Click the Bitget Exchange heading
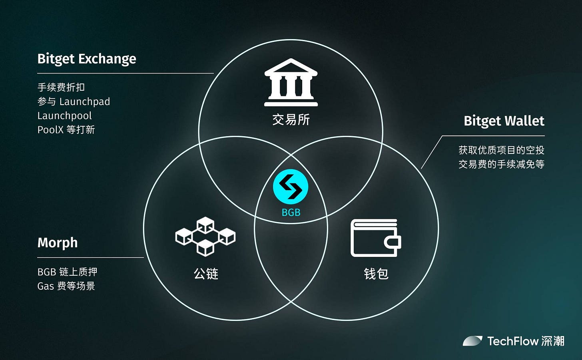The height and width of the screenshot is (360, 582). pos(87,59)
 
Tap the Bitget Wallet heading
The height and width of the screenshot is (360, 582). pos(504,121)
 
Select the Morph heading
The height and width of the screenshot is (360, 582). pos(58,243)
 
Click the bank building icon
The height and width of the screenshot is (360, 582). pos(291,83)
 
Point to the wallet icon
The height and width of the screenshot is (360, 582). pos(375,238)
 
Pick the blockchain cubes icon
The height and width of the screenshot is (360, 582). pos(205,236)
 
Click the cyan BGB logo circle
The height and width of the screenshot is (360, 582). pos(291,187)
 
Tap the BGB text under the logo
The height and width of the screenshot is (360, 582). pos(291,213)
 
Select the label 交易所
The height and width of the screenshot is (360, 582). pos(291,119)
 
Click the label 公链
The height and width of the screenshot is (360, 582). pos(206,274)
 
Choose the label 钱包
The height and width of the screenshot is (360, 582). pos(376,274)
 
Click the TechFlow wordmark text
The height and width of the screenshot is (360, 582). pos(513,341)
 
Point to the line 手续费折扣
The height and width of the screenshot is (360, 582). pos(61,87)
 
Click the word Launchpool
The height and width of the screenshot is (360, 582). pos(64,116)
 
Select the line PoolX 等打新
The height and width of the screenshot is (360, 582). pos(66,130)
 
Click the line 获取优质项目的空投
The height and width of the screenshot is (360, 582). pos(501,150)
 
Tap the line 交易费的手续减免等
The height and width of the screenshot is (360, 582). pos(501,164)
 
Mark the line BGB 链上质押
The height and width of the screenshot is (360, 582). pos(67,272)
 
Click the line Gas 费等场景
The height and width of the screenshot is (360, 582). pos(66,286)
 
